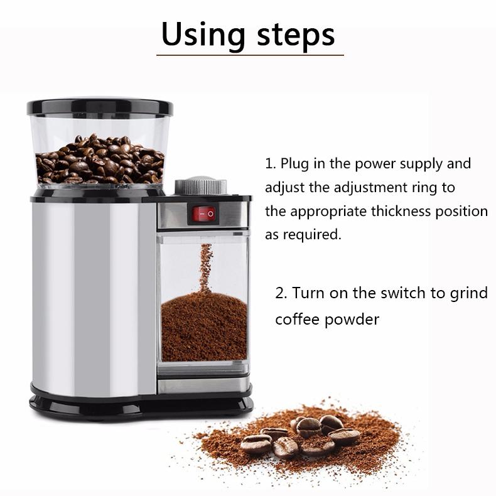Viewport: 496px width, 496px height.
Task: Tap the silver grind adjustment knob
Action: (x=200, y=186)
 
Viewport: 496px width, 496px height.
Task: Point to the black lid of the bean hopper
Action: (x=100, y=106)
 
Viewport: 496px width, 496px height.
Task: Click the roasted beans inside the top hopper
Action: (x=99, y=159)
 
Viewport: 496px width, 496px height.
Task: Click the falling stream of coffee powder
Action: (x=205, y=267)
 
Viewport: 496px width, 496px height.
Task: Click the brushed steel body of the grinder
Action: (x=94, y=289)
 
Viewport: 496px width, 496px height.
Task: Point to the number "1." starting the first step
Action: (x=270, y=164)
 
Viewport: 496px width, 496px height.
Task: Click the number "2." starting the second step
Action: (x=281, y=293)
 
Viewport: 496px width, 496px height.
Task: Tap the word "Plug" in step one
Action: (x=295, y=164)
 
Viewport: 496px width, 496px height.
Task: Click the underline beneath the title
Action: (x=250, y=56)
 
